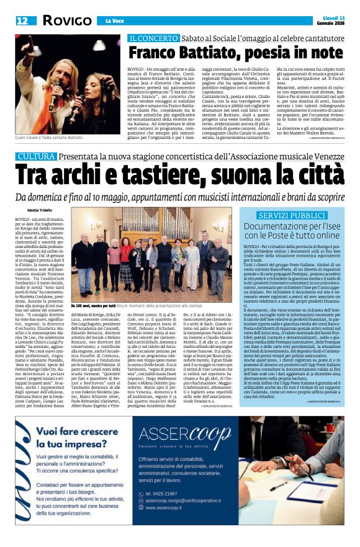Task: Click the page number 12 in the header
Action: (22, 20)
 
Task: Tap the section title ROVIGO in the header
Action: (66, 20)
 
